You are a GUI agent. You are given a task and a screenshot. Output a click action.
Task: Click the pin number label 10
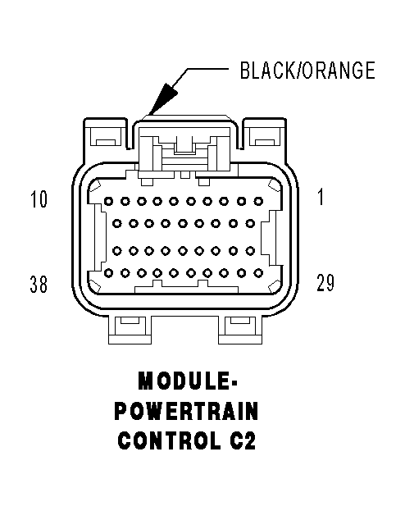(39, 199)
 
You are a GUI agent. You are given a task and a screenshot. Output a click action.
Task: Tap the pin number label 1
(321, 197)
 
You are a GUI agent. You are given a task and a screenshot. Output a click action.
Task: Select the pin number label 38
(39, 284)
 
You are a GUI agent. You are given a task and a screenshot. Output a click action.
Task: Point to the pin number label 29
(325, 282)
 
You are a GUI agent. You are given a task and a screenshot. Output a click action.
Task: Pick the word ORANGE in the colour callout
(339, 71)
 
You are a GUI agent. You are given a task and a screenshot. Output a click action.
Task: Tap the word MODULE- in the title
(188, 381)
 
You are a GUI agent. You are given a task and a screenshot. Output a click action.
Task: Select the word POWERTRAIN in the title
(187, 411)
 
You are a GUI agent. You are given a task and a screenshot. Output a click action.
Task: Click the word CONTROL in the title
(169, 440)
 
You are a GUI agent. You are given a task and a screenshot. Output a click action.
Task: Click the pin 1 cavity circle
(258, 202)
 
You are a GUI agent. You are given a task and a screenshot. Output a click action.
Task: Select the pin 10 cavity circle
(108, 202)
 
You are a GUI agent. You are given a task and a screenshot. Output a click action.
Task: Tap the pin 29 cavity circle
(258, 273)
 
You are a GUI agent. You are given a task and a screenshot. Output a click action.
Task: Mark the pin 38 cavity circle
(108, 273)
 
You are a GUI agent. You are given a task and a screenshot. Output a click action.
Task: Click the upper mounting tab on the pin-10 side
(105, 135)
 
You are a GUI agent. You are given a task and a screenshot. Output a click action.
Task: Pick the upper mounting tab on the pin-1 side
(266, 135)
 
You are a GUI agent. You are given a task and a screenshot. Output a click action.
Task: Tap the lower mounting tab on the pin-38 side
(130, 330)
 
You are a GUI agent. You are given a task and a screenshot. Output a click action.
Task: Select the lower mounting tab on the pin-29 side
(240, 330)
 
